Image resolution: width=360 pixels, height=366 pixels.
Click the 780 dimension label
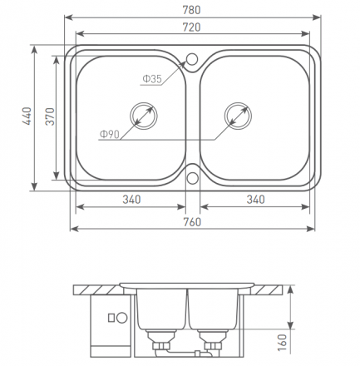(191, 10)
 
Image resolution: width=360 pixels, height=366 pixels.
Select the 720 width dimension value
(191, 27)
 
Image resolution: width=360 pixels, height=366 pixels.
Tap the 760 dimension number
(192, 222)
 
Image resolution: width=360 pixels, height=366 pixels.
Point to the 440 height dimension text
(27, 116)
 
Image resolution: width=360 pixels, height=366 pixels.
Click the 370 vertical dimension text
(50, 116)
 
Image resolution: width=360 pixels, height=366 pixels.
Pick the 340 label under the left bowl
(131, 200)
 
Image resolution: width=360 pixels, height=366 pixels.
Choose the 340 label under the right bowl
(255, 200)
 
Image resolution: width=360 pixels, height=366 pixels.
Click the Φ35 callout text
(152, 79)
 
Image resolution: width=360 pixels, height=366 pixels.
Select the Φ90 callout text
(110, 135)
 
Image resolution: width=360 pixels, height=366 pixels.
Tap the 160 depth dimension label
(282, 343)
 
